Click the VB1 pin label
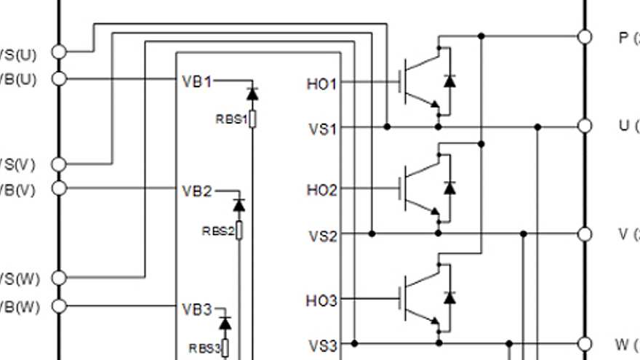click(196, 81)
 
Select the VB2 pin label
click(196, 191)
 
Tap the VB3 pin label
click(196, 310)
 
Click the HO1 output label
click(322, 84)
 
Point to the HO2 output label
click(322, 191)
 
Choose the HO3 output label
click(322, 300)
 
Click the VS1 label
click(323, 129)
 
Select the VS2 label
click(323, 236)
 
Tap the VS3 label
click(323, 345)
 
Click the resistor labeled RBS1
click(252, 119)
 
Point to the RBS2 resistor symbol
click(239, 231)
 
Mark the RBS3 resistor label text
click(204, 348)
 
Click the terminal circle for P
click(584, 36)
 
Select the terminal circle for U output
click(584, 127)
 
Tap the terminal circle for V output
click(584, 233)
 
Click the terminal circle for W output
click(584, 343)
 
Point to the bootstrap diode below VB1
click(252, 94)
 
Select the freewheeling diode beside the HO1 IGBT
click(449, 81)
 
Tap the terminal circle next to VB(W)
click(59, 306)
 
